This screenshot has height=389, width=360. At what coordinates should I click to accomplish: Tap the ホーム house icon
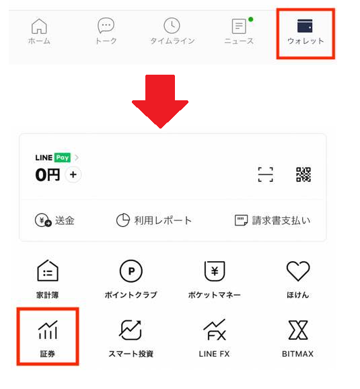[39, 26]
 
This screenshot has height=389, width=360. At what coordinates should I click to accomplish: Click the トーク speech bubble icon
[106, 26]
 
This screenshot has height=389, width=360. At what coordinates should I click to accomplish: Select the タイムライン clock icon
[172, 26]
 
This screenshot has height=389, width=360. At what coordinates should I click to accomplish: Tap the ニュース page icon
[239, 26]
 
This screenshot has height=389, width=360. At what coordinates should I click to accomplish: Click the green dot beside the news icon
[251, 20]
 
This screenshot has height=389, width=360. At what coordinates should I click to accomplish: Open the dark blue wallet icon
[305, 26]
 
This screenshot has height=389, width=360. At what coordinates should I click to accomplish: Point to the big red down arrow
[160, 101]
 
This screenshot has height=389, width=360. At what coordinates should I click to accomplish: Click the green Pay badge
[63, 157]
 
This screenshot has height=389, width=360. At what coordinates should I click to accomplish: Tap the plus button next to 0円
[73, 175]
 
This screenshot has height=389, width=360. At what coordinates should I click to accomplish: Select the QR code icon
[303, 174]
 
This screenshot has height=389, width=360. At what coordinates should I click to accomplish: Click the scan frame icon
[266, 174]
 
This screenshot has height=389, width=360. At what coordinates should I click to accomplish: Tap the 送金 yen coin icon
[43, 220]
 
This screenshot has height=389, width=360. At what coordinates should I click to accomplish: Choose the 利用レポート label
[163, 220]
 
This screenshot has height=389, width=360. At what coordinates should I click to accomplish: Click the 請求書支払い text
[281, 220]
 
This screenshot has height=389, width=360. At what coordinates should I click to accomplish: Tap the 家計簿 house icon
[48, 271]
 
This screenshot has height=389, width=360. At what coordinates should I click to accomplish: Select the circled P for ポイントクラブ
[131, 271]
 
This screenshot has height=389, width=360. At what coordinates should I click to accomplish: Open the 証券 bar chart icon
[48, 330]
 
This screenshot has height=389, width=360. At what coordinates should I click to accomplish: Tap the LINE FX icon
[215, 330]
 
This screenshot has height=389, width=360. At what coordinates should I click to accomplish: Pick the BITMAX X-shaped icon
[298, 330]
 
